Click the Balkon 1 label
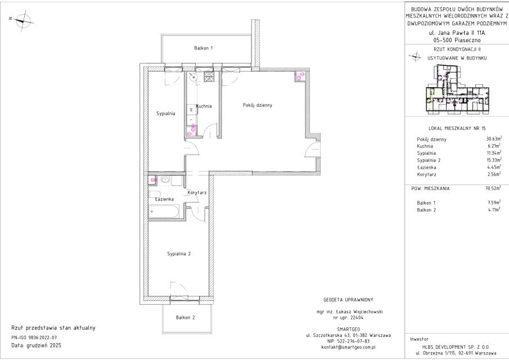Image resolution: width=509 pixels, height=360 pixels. coord(203,48)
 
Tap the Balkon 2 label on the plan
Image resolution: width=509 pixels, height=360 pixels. coord(186,317)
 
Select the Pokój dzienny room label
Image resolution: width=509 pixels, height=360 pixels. coord(258,105)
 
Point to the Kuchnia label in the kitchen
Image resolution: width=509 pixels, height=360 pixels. coord(204,106)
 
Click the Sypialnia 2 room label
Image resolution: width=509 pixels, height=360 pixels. coord(178,254)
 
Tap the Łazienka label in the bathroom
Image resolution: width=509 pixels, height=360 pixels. coord(164,199)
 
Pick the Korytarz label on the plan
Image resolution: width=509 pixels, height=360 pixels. coord(197,192)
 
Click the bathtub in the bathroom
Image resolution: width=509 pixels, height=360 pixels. coord(164,211)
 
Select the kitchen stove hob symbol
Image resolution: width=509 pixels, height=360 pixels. coord(209,76)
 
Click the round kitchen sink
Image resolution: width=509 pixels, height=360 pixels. coord(193,77)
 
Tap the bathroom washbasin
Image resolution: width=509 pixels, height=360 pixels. coord(165,180)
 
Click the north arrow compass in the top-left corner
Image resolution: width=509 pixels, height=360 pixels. coord(22,21)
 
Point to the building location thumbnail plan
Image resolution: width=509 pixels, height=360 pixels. coord(457,89)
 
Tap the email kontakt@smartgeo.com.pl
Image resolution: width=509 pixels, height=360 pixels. coord(348,347)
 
